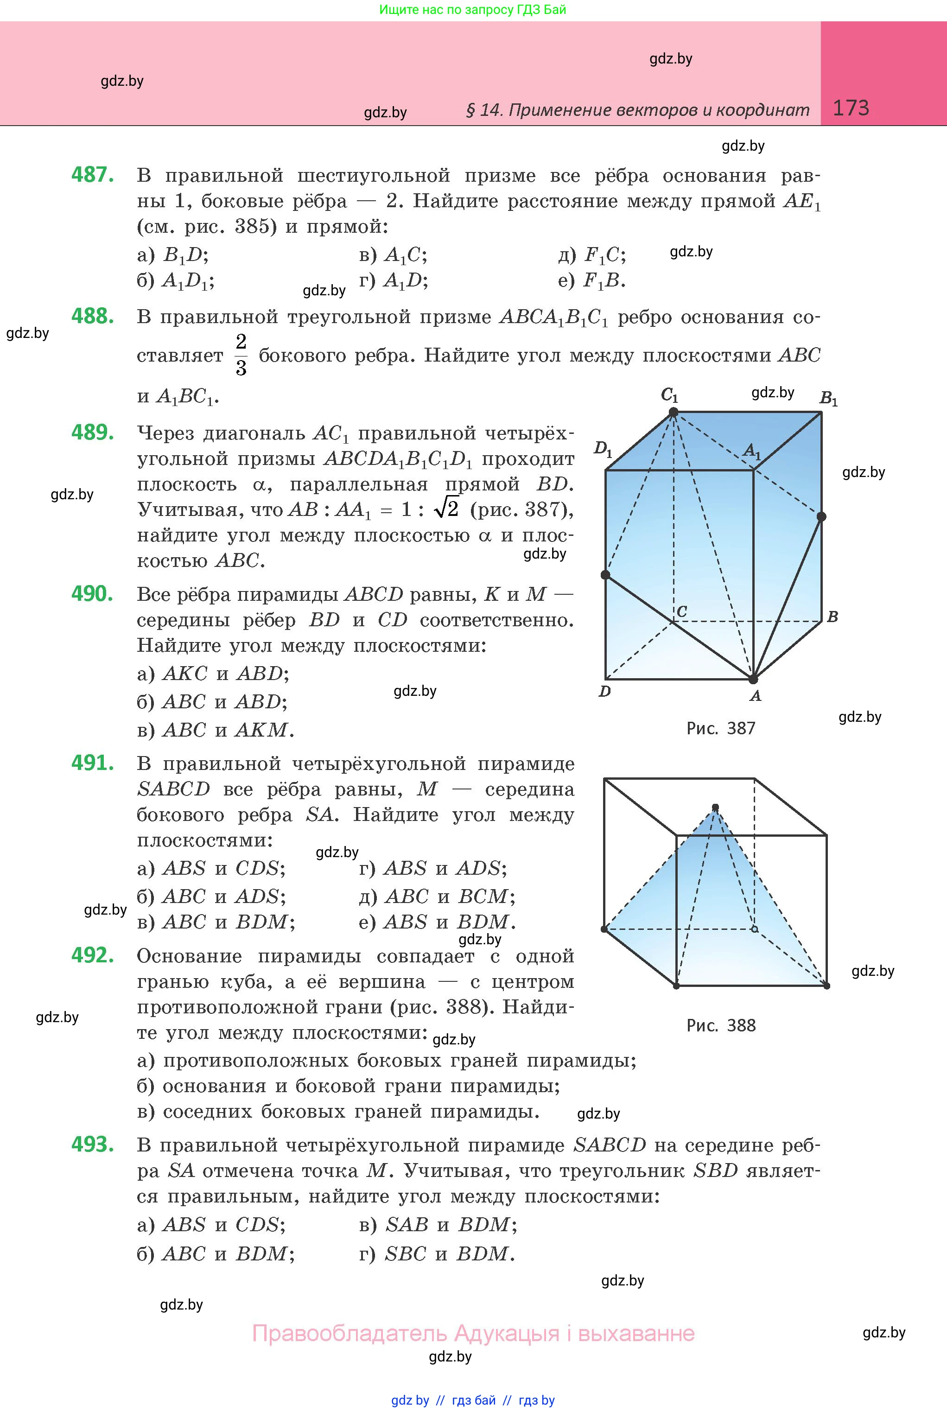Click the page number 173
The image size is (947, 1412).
click(851, 108)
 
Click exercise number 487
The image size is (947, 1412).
click(92, 175)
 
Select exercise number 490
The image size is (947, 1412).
click(92, 594)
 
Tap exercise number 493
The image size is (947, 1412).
click(92, 1144)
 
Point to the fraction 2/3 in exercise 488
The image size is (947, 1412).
click(241, 355)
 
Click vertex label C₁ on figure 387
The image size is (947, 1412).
click(670, 395)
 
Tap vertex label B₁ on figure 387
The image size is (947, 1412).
click(828, 399)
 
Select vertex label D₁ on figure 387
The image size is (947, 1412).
click(603, 449)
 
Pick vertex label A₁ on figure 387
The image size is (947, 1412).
click(752, 451)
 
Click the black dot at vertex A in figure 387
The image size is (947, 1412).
click(753, 680)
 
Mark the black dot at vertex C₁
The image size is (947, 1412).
click(674, 413)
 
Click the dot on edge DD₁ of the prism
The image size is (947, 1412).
click(606, 575)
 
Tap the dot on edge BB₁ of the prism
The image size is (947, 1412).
click(821, 516)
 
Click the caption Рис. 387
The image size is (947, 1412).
click(720, 728)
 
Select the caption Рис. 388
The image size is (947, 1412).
click(720, 1025)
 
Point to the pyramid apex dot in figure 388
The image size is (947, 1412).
click(716, 808)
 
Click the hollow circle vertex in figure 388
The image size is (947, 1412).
click(754, 929)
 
